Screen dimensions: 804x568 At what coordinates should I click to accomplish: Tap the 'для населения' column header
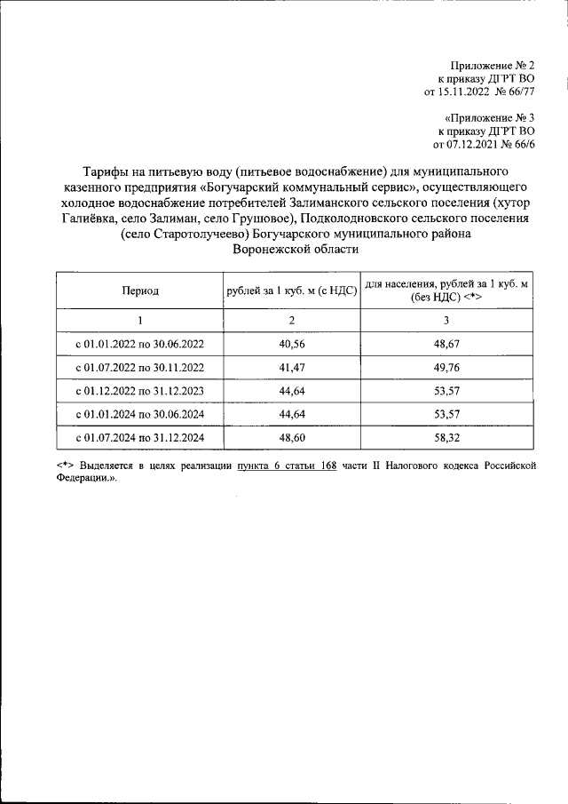tap(446, 291)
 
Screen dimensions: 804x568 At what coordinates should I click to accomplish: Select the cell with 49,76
tap(446, 367)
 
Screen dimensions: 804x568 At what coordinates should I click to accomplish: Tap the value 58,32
tap(446, 438)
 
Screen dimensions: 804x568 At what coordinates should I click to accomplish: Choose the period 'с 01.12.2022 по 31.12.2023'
tap(140, 391)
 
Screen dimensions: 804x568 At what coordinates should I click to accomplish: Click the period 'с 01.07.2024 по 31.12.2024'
tap(140, 438)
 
